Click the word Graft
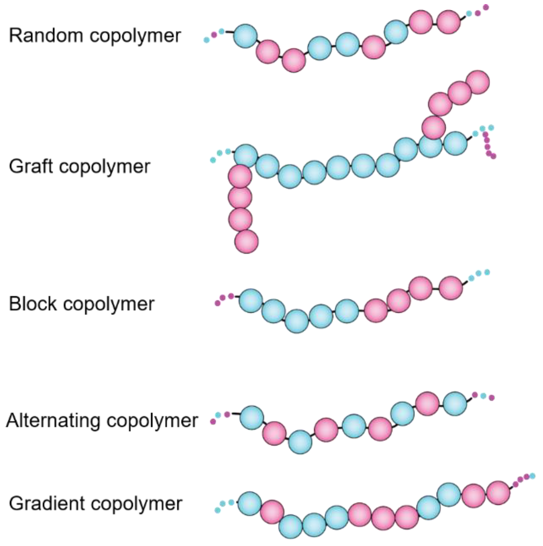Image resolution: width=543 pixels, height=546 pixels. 31,166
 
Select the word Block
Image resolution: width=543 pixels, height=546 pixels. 33,304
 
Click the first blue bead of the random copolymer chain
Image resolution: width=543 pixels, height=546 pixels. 245,36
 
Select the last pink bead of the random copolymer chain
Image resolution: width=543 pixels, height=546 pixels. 449,21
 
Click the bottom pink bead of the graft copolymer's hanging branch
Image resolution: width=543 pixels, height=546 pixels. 246,241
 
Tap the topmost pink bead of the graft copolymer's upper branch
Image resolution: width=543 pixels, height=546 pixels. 478,82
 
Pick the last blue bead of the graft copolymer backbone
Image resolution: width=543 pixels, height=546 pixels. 455,143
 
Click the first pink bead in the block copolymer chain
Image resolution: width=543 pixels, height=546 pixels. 376,310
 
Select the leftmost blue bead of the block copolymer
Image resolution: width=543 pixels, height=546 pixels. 250,301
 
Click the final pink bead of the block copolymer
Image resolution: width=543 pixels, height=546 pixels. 451,288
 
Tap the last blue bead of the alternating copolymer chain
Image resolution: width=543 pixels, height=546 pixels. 455,403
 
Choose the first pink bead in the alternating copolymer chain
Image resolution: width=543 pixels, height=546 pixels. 274,433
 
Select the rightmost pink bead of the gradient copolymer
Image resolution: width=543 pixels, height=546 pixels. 498,493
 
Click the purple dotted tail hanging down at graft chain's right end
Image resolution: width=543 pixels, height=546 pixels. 488,145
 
